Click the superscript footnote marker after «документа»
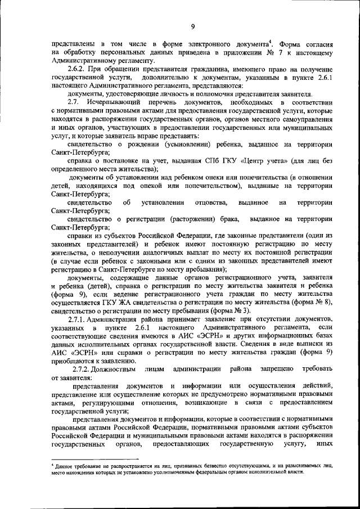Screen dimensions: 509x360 click(x=271, y=41)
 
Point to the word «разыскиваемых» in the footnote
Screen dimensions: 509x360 click(x=306, y=466)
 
